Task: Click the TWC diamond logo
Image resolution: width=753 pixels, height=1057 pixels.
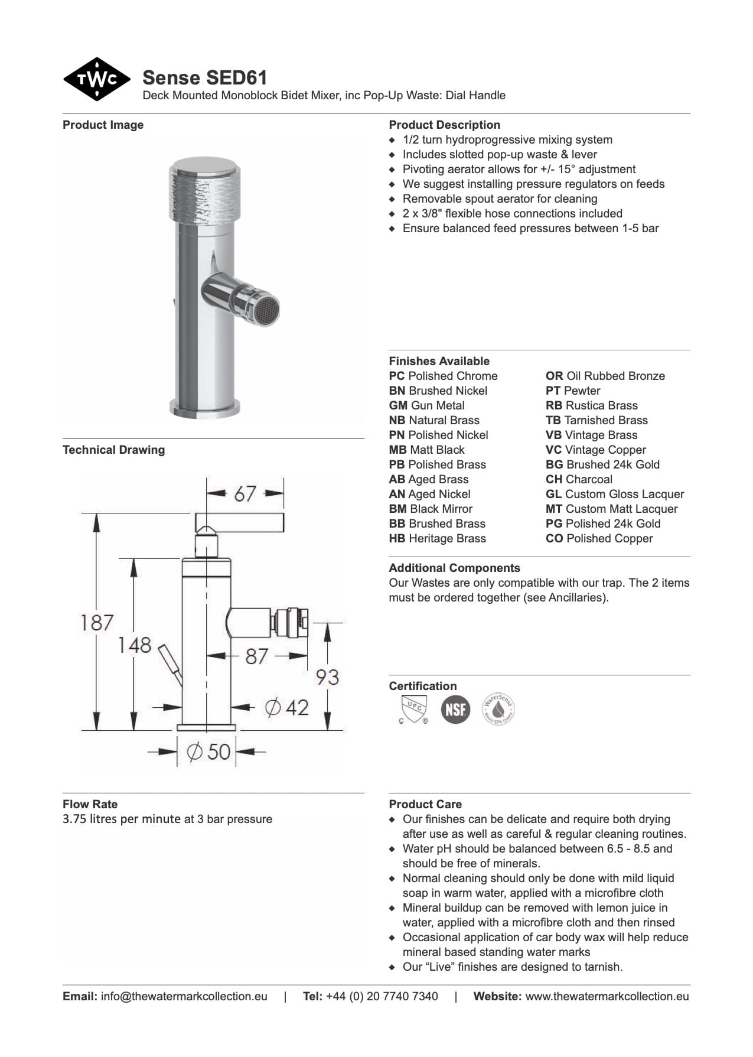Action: point(96,79)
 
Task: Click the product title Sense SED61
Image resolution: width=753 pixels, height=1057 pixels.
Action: point(204,77)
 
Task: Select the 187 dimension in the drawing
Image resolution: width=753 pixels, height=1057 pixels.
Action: point(97,622)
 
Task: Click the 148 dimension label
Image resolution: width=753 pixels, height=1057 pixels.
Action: point(135,645)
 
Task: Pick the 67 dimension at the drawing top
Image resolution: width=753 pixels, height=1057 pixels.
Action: point(245,493)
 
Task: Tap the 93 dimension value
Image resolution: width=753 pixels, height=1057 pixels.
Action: point(327,677)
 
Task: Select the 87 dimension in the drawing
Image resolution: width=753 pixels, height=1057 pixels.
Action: point(257,656)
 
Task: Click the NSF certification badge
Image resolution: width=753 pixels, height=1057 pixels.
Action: point(455,709)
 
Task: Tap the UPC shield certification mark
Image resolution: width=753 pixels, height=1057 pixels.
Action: point(413,709)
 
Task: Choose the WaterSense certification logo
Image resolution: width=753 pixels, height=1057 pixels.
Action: point(498,709)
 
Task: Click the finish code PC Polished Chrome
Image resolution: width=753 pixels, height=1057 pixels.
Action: point(443,376)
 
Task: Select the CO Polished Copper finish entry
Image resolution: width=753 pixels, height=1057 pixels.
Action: point(599,539)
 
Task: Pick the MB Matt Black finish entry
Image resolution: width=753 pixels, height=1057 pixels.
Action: point(426,450)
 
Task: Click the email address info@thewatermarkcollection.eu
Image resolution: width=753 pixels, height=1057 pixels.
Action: point(184,997)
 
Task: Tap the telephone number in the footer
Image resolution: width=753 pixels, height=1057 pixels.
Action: point(382,997)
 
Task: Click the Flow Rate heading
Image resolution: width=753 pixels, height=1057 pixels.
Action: point(90,804)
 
